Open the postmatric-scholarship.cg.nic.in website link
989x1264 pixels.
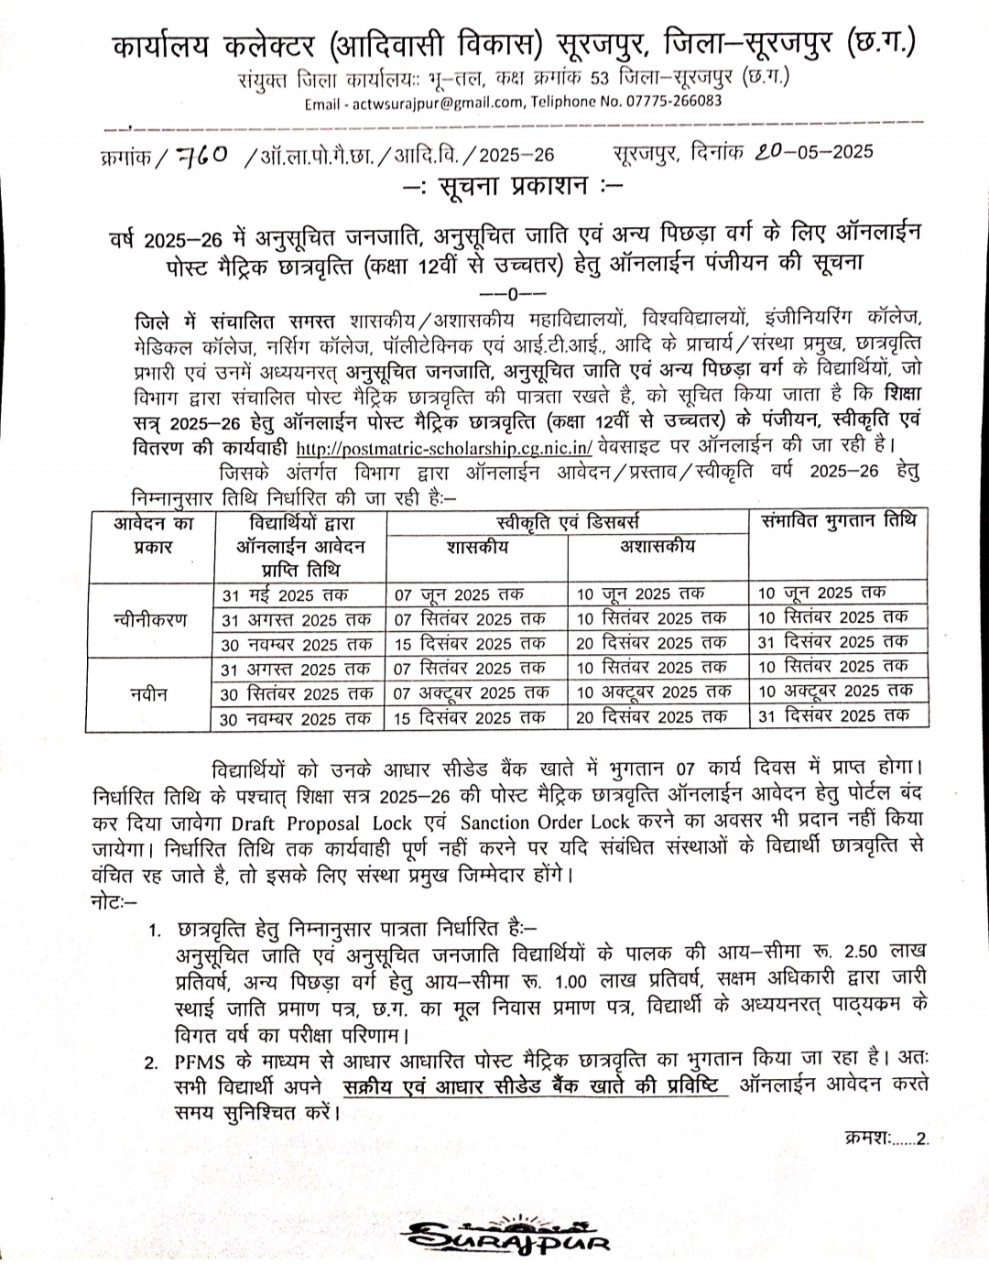tap(444, 448)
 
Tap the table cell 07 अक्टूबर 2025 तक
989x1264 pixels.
tap(472, 692)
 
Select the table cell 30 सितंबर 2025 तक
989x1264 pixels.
tap(297, 693)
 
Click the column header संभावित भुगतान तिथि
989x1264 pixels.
tap(838, 521)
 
